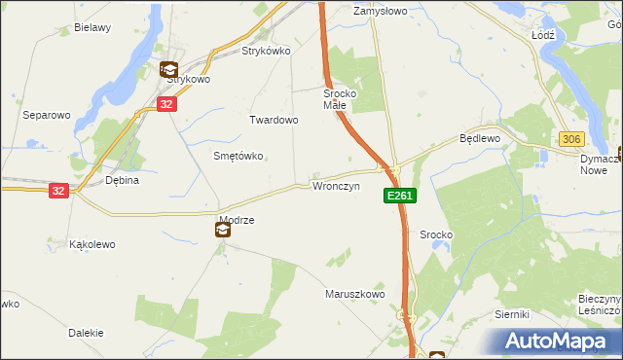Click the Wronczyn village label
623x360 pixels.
336,185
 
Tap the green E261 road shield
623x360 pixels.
399,196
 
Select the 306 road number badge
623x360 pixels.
571,140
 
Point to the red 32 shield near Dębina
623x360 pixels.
59,192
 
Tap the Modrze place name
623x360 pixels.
237,220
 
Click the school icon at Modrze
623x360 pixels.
223,231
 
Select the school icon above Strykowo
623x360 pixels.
168,69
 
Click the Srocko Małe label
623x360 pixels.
342,99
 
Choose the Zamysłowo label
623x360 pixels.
380,12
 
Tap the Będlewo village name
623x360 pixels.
479,139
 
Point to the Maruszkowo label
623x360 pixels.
354,293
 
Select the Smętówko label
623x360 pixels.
238,156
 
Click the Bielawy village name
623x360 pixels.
92,28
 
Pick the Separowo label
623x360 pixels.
47,115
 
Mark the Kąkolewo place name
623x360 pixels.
92,244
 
